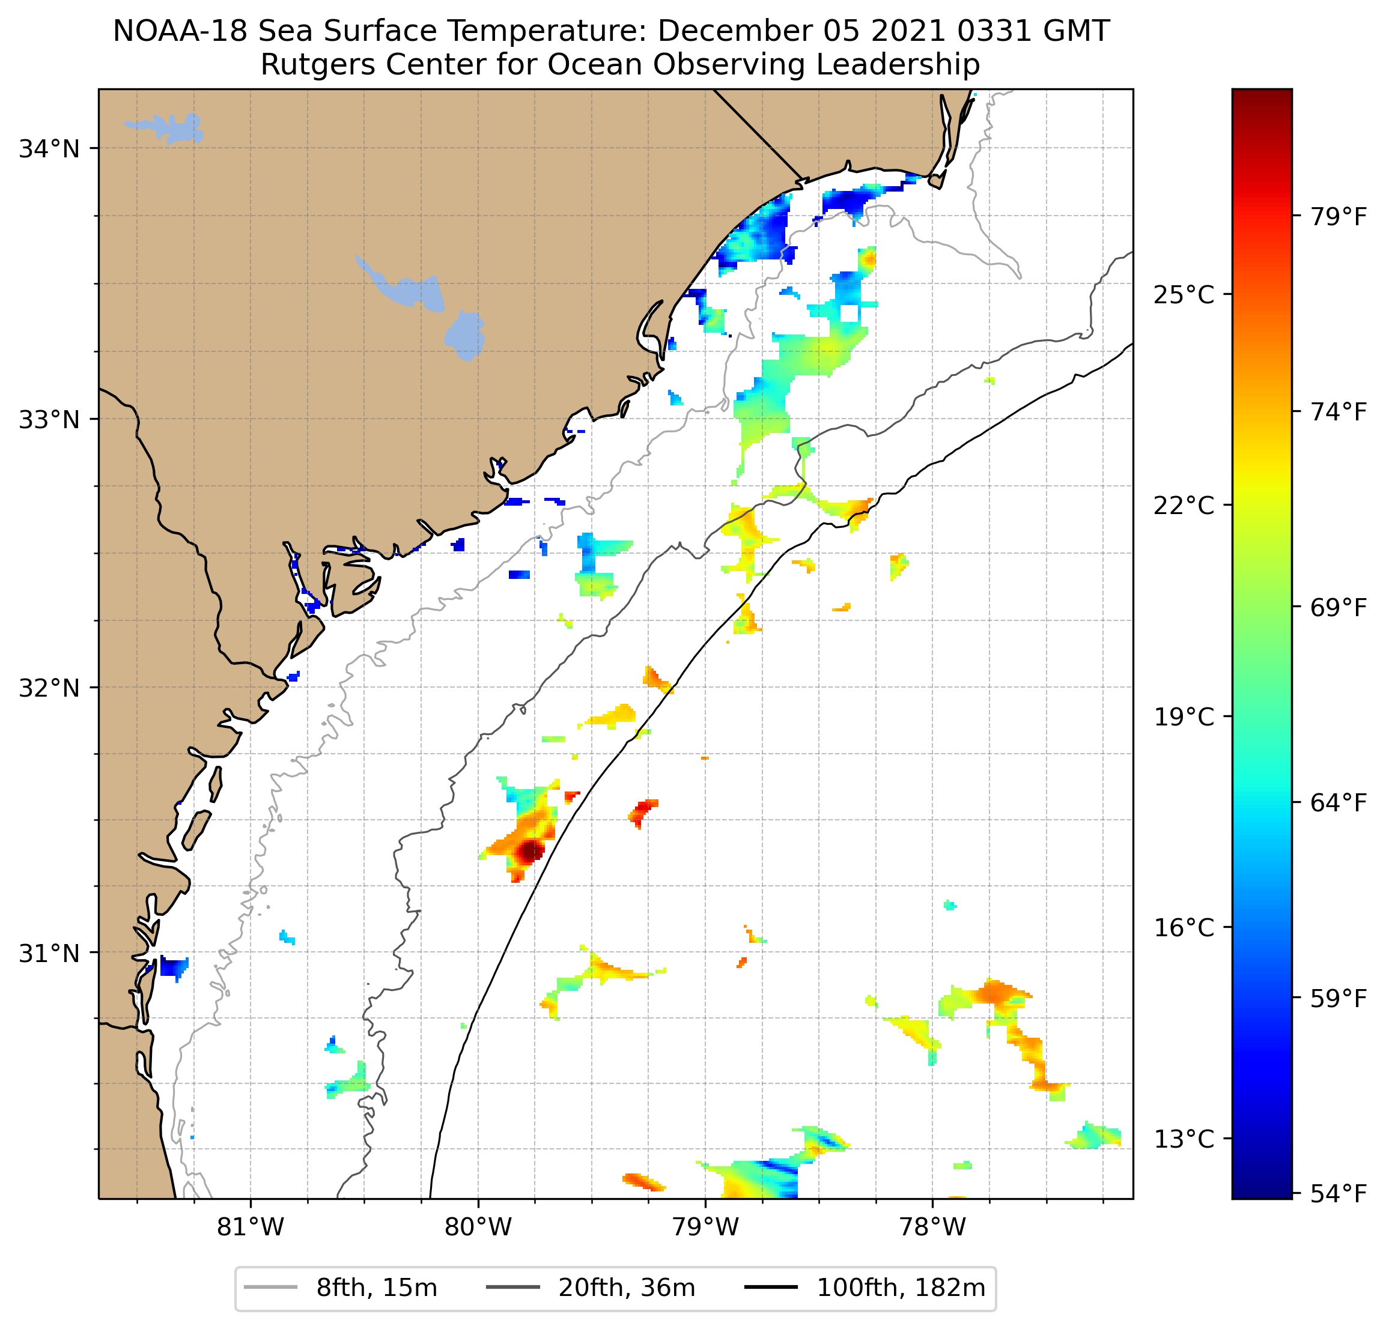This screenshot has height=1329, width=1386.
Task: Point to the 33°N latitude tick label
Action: (49, 419)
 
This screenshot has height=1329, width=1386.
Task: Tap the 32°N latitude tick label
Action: (49, 687)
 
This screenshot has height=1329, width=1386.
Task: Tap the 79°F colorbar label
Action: (1339, 216)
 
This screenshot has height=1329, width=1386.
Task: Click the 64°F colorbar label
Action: (1339, 802)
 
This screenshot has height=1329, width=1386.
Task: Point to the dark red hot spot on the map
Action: (530, 851)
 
